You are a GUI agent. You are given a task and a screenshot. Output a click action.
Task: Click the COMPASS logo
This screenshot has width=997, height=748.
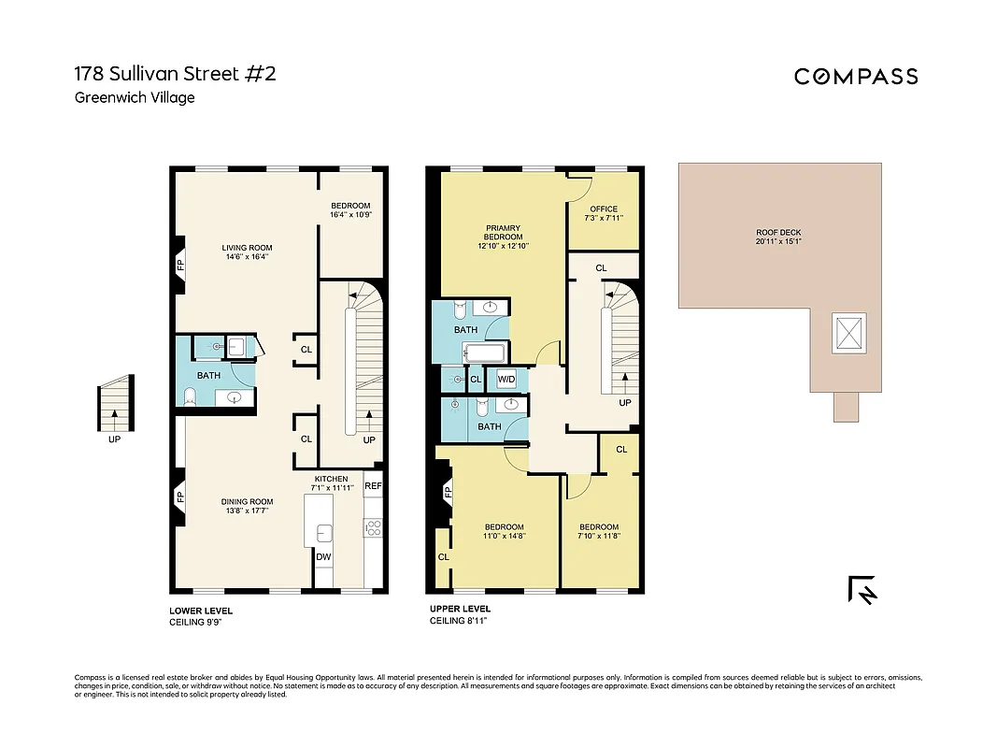(x=856, y=77)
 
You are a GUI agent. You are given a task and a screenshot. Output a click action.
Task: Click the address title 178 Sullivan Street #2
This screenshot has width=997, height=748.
(x=175, y=74)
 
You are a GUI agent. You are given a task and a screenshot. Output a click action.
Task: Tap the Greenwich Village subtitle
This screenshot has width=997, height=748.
(x=135, y=97)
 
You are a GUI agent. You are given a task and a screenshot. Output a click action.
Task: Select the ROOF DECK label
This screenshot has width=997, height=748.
(x=778, y=233)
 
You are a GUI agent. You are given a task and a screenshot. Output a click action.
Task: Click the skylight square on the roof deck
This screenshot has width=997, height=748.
(x=848, y=334)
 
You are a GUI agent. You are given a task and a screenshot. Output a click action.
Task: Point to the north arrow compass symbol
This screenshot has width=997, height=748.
(x=862, y=589)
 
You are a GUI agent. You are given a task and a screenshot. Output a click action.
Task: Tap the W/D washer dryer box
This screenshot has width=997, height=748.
(x=506, y=380)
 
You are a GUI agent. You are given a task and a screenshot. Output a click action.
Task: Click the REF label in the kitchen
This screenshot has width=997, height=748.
(x=373, y=486)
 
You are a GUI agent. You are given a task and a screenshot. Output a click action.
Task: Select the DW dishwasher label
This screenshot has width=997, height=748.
(x=323, y=557)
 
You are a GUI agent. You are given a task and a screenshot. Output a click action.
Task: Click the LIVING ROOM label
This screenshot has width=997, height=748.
(x=247, y=248)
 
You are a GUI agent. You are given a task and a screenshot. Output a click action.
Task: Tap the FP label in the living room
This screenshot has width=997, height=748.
(x=180, y=266)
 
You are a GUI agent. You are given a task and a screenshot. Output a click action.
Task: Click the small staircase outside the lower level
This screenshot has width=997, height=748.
(x=115, y=406)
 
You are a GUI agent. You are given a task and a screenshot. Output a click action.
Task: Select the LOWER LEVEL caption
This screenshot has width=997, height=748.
(x=201, y=611)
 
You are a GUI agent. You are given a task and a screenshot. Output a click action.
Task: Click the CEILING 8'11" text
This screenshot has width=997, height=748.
(x=458, y=621)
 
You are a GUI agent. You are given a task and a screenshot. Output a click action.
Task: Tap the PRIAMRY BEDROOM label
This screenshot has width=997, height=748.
(x=503, y=232)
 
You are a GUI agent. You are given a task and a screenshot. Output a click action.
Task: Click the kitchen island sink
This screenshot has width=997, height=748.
(x=324, y=533)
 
